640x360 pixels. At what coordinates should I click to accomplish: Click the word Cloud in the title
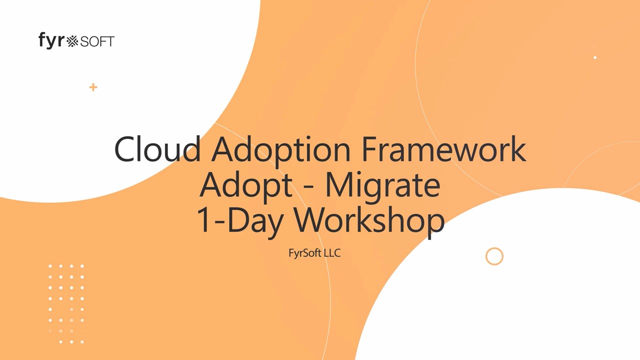pos(157,149)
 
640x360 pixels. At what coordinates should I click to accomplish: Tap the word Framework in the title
pos(444,149)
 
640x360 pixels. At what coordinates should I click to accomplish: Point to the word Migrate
pos(383,186)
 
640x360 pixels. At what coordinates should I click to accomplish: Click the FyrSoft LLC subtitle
pos(314,253)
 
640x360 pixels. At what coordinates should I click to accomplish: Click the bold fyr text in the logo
pos(51,40)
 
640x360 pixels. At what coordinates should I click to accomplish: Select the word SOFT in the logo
pos(97,41)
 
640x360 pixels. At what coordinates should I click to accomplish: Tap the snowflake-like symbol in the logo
pos(72,41)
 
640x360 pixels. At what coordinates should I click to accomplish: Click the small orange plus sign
pos(93,87)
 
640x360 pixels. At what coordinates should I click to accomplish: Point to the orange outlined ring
pos(494,248)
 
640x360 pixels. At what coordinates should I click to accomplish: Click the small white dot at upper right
pos(595,57)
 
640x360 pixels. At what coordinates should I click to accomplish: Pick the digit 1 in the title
pos(203,219)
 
